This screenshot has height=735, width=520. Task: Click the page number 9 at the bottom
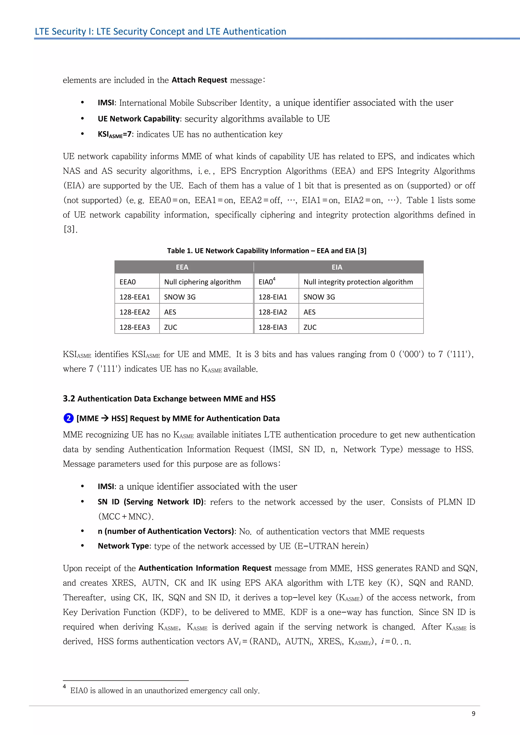click(x=473, y=713)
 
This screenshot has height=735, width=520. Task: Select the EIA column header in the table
click(x=337, y=267)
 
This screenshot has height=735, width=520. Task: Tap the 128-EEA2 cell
click(x=135, y=312)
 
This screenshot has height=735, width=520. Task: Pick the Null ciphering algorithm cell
click(x=202, y=282)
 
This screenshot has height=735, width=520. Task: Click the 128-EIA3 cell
click(x=272, y=327)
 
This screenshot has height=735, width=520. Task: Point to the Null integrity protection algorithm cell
click(x=358, y=282)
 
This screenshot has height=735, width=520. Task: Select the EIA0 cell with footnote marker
click(x=267, y=282)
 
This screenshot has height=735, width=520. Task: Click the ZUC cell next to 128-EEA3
click(x=171, y=327)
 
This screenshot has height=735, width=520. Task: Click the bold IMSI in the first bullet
click(x=106, y=103)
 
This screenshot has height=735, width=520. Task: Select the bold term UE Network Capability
click(x=139, y=119)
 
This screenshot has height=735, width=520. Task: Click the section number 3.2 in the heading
click(x=69, y=398)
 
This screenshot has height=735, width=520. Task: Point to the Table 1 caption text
click(x=266, y=251)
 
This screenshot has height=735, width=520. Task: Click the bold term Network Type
click(x=123, y=546)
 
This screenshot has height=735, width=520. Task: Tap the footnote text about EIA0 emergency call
click(x=165, y=691)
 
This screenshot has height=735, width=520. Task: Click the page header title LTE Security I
click(x=160, y=31)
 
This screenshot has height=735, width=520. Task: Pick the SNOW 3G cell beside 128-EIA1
click(x=319, y=297)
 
